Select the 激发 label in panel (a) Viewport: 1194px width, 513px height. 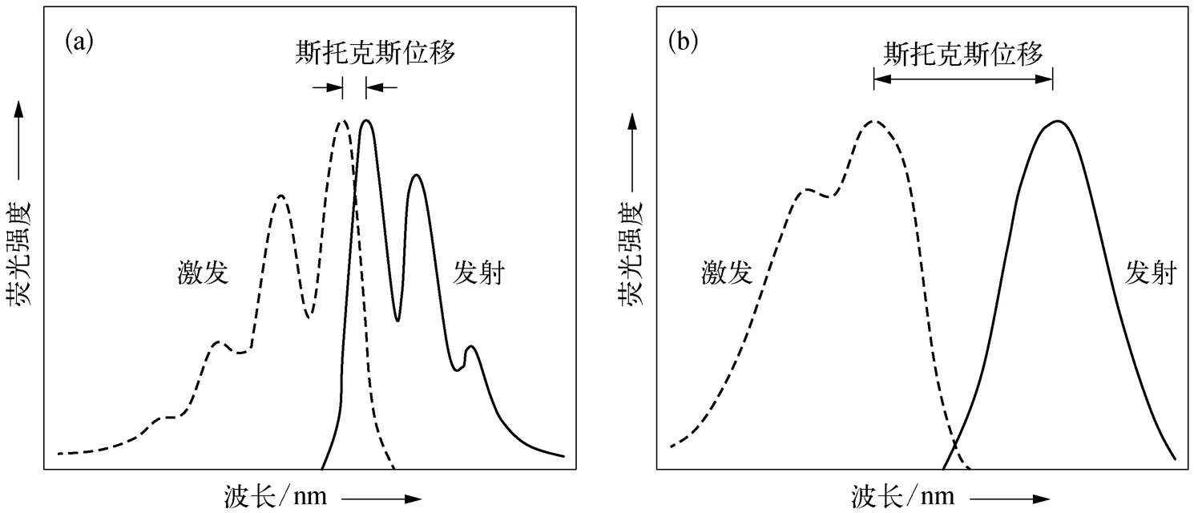click(203, 274)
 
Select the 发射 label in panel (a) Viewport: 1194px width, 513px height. click(478, 274)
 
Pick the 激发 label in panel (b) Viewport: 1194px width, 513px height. click(726, 274)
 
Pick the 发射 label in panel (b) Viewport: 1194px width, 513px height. click(1151, 274)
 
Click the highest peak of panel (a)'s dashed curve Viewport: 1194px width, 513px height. click(343, 122)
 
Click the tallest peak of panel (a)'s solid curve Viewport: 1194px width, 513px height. click(367, 121)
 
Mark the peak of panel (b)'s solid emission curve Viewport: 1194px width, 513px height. click(1058, 122)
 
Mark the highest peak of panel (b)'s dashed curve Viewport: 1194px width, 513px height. click(875, 122)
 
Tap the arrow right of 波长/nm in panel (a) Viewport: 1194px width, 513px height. click(381, 499)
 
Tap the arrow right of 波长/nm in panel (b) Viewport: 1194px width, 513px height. click(1010, 499)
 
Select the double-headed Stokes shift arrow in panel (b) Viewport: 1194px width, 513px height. click(963, 79)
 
